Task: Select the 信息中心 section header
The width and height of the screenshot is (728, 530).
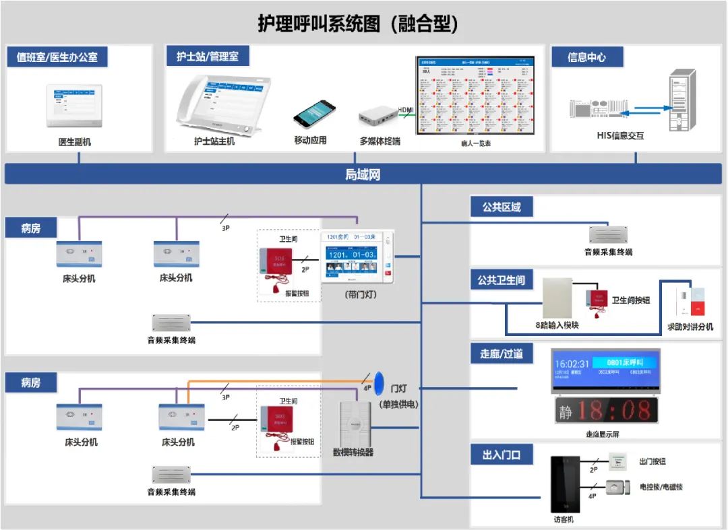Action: point(586,57)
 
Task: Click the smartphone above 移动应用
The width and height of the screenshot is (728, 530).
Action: point(314,114)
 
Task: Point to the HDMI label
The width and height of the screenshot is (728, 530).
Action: point(406,110)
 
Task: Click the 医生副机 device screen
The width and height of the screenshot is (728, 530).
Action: point(74,105)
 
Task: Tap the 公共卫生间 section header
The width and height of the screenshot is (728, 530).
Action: point(501,280)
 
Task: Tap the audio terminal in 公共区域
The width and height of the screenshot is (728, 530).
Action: point(608,234)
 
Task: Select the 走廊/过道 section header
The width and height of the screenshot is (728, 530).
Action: point(501,354)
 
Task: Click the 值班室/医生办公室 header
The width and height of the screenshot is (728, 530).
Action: point(57,57)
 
